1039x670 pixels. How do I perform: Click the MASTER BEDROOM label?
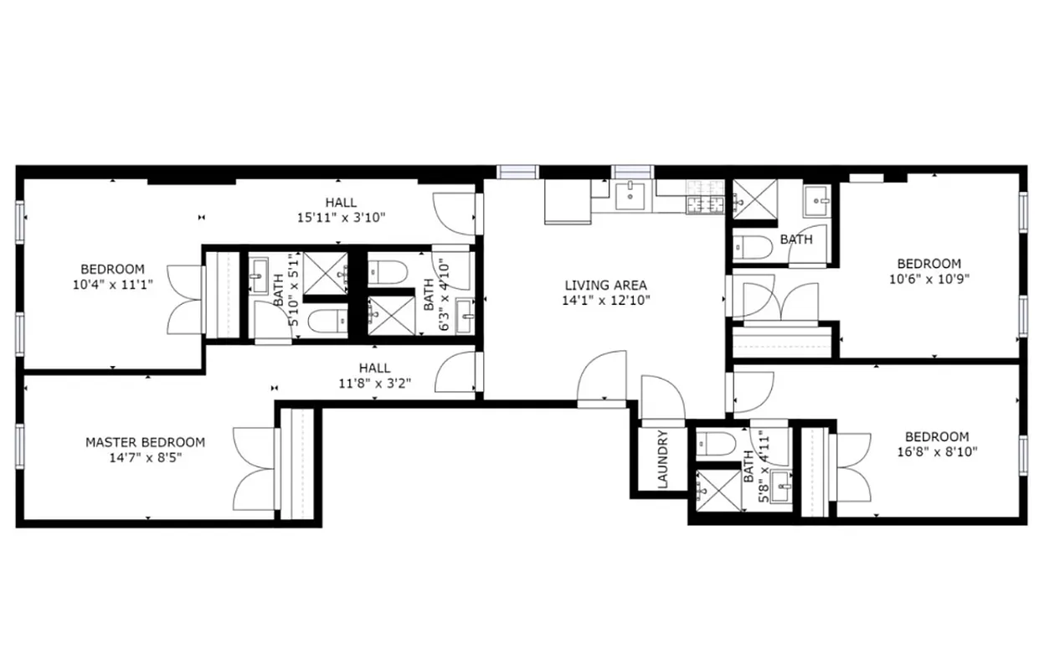(145, 442)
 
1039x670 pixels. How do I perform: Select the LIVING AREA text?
(605, 286)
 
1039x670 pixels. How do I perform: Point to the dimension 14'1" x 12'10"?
(606, 300)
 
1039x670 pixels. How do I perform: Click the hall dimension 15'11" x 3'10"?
(341, 217)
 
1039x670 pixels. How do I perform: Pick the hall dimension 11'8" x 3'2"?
(374, 383)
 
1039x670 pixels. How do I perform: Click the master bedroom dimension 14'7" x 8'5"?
(145, 457)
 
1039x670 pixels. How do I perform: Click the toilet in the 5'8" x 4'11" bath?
(717, 442)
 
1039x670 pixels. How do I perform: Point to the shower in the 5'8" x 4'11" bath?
(714, 487)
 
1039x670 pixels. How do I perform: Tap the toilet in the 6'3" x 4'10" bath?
(388, 271)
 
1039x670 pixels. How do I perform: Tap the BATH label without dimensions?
(795, 240)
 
